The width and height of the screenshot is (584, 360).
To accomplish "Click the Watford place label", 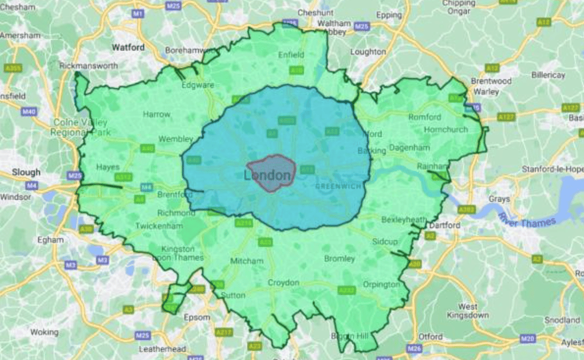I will [128, 47].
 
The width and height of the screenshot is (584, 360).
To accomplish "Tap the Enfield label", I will [291, 55].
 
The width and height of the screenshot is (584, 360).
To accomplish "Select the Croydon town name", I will [283, 283].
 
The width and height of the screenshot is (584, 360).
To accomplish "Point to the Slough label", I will [26, 172].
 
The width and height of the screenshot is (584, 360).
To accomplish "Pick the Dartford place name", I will [444, 225].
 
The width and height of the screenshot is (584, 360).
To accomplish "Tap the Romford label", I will [425, 117].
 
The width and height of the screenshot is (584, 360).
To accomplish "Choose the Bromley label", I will [339, 258].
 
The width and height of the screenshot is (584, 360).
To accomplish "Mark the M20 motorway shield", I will [527, 339].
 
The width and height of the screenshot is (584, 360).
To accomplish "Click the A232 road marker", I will [347, 290].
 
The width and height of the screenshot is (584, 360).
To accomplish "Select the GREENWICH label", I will [338, 186].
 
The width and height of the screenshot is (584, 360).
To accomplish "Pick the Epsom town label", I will [197, 317].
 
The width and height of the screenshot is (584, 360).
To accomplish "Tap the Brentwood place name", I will [491, 81].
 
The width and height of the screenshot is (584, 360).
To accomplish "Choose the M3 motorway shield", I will [71, 265].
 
